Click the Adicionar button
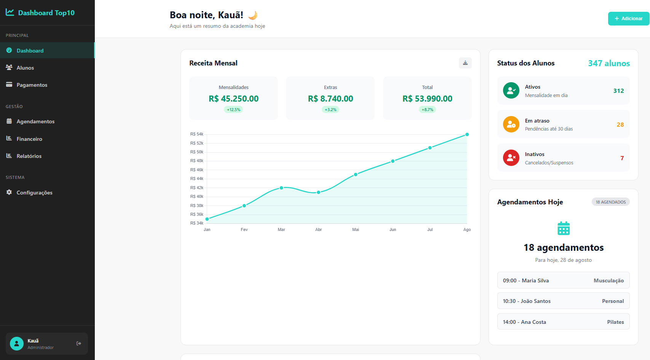point(628,19)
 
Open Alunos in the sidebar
point(25,68)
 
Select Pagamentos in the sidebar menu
point(32,85)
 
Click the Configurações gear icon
point(9,192)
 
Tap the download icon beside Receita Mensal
point(465,63)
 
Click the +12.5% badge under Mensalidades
point(233,110)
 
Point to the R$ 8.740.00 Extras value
point(330,99)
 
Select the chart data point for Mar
point(281,188)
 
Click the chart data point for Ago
point(467,134)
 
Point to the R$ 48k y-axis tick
point(197,161)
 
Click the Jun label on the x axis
point(393,229)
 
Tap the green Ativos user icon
point(511,91)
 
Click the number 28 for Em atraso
point(620,124)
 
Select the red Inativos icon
point(511,158)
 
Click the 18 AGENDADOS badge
point(610,202)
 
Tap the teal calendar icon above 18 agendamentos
point(563,228)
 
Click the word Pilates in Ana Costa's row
point(615,322)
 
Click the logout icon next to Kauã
point(79,343)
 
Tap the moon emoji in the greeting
point(253,15)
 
